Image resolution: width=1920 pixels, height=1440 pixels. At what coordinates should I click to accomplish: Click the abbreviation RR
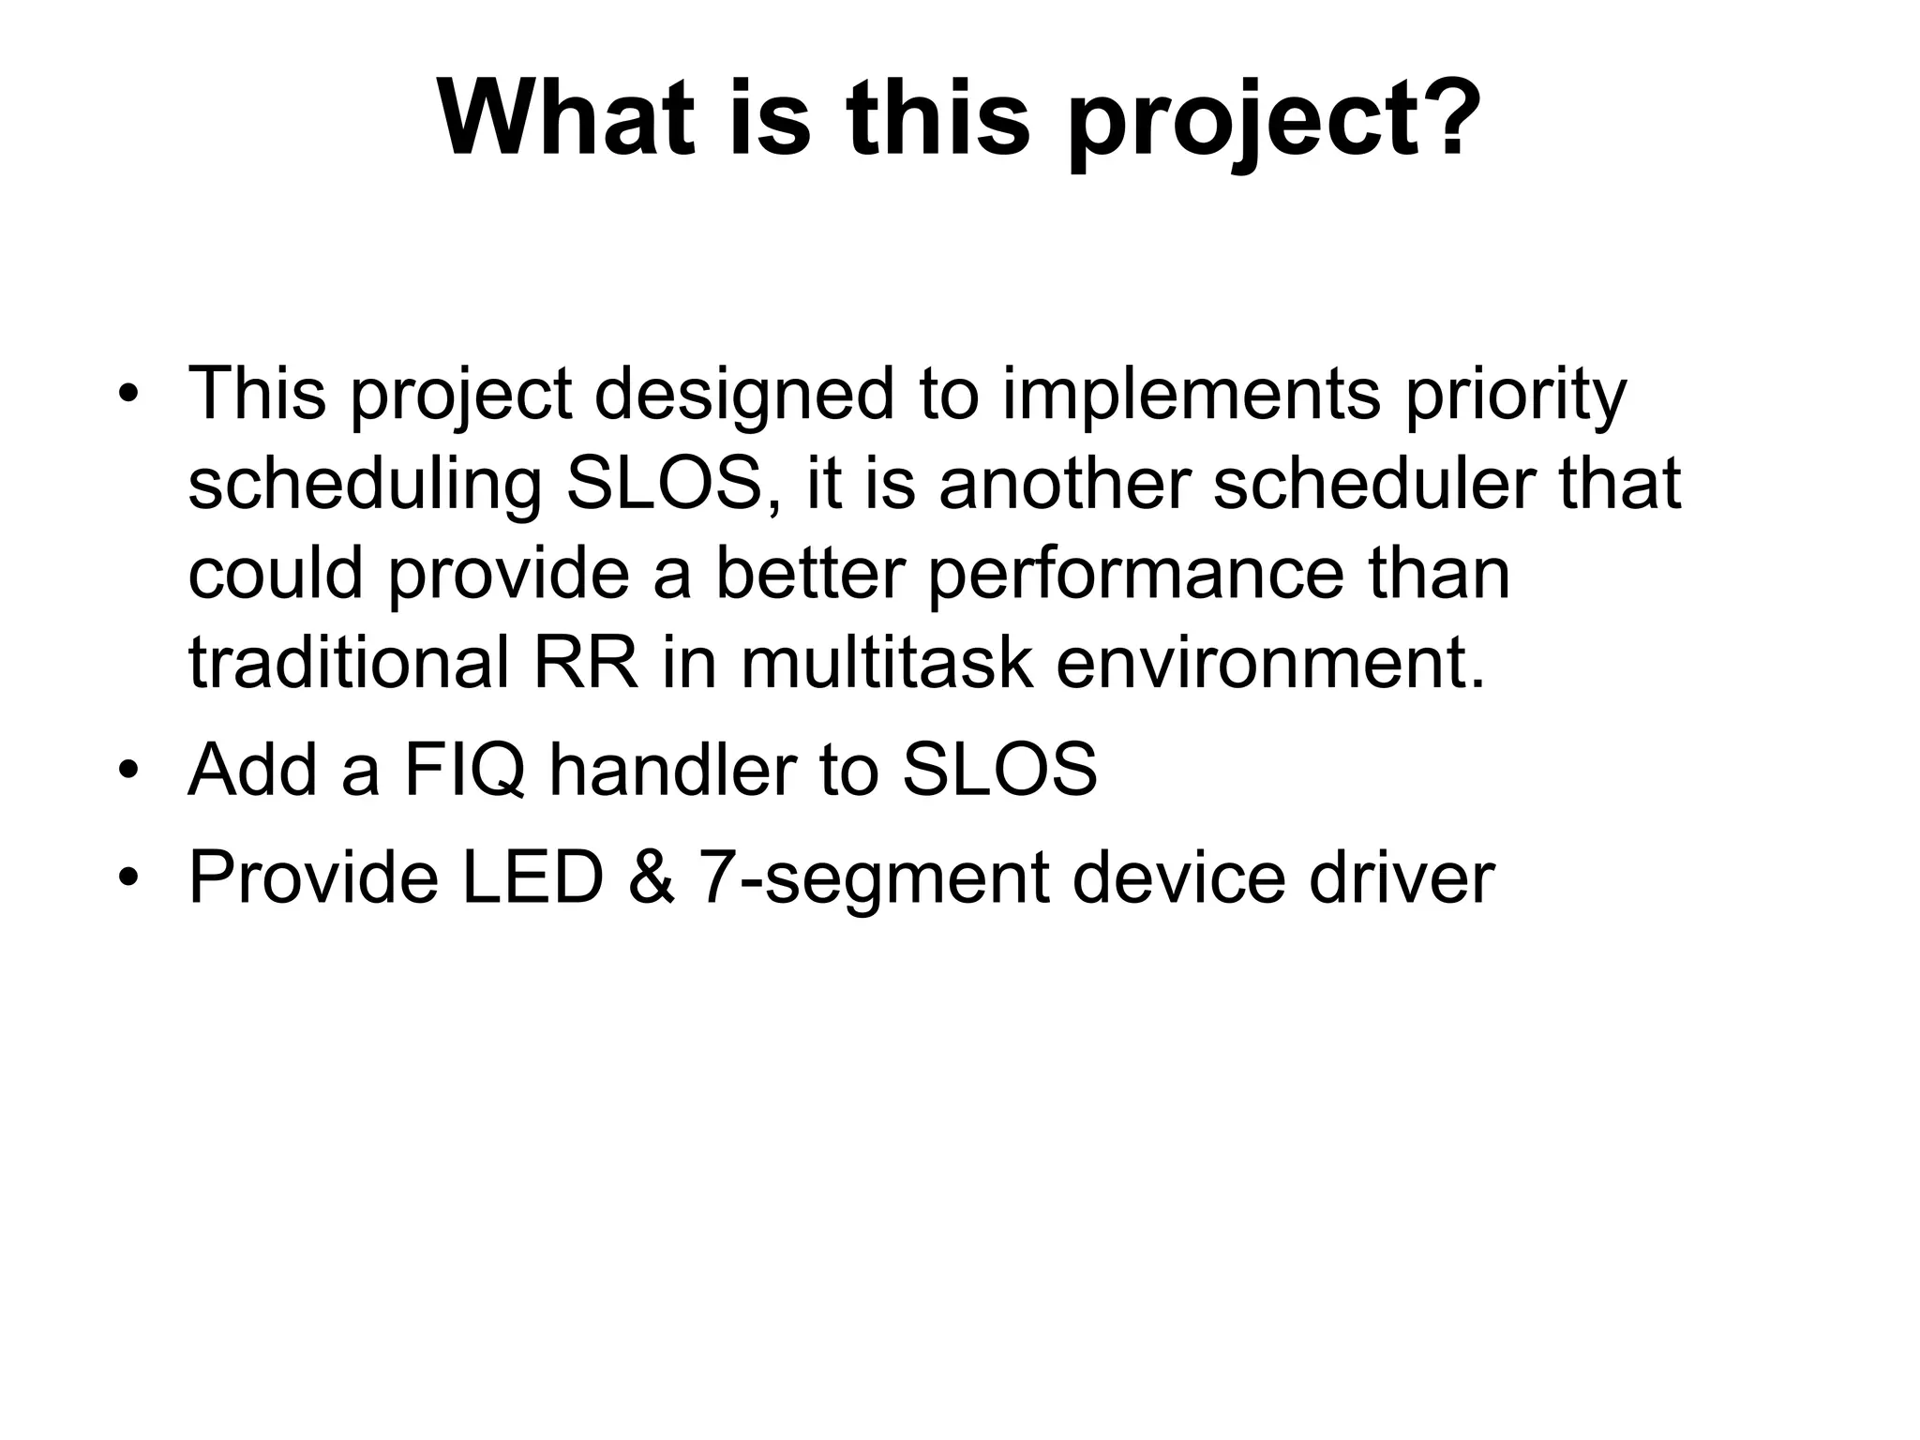pos(585,664)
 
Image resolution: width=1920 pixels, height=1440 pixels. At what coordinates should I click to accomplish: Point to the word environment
pos(1270,664)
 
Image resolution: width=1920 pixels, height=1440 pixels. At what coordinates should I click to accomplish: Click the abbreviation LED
pos(532,877)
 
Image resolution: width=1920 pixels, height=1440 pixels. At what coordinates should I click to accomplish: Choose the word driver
pos(1401,877)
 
